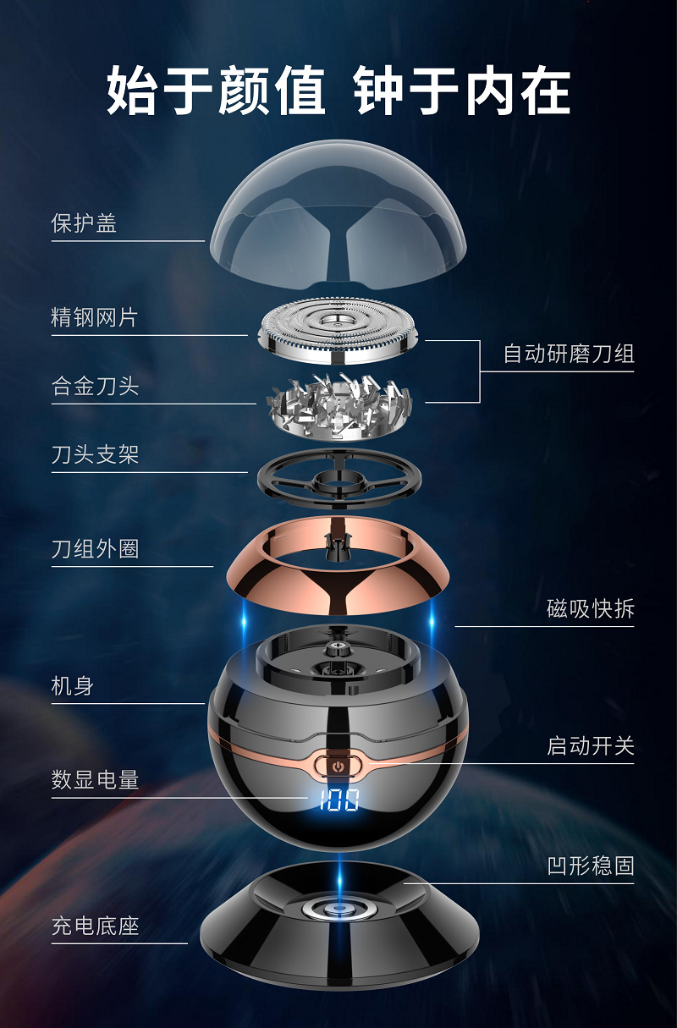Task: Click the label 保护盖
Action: [x=84, y=223]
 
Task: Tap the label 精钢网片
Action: [x=94, y=318]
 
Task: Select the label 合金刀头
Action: [x=95, y=387]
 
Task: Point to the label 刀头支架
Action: [x=95, y=455]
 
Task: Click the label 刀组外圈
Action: [x=95, y=549]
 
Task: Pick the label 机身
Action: [x=73, y=686]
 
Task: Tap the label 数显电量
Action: [x=95, y=780]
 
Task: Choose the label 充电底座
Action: [x=95, y=926]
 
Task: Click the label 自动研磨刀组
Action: [x=569, y=354]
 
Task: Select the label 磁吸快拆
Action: [x=591, y=608]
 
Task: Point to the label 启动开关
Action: [x=591, y=746]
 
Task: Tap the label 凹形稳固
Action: [x=591, y=866]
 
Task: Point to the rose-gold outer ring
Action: [x=338, y=584]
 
